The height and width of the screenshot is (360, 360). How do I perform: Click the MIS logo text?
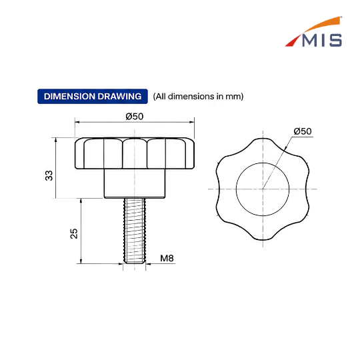tap(322, 40)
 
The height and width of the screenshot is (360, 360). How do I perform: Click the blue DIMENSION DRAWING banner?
tap(93, 97)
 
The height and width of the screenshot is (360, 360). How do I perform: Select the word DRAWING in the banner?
tap(119, 97)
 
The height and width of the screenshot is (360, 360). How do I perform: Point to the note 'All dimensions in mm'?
tap(198, 97)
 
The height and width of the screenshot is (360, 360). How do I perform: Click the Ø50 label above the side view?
tap(135, 117)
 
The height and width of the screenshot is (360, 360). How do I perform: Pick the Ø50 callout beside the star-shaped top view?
tap(303, 131)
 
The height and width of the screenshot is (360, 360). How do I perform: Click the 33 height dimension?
tap(49, 175)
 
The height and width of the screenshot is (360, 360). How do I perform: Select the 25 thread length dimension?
tap(74, 233)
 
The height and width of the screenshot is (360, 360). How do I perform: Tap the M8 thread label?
tap(167, 258)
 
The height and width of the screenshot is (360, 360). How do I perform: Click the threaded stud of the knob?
tap(135, 231)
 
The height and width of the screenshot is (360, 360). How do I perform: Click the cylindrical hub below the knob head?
tap(135, 184)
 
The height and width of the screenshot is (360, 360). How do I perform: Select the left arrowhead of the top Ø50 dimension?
tap(77, 122)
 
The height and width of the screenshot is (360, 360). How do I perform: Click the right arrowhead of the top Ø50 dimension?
tap(192, 122)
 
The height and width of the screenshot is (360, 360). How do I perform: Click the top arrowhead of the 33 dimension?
tap(55, 140)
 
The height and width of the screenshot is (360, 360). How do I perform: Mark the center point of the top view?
tap(263, 189)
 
